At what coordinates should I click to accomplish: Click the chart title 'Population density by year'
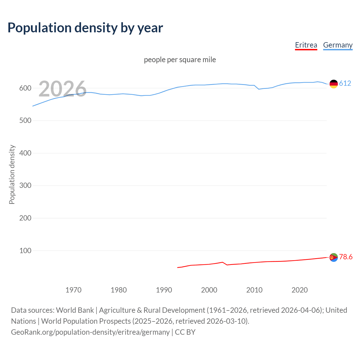[x=85, y=28]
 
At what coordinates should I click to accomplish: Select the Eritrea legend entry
[x=306, y=45]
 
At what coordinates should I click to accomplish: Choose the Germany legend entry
[x=337, y=45]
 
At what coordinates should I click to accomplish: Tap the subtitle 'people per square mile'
[x=180, y=60]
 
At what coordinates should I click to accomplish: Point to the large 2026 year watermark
[x=62, y=89]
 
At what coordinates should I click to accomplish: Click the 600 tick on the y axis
[x=25, y=88]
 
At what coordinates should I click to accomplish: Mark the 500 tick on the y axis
[x=25, y=121]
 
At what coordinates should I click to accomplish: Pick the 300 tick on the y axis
[x=25, y=186]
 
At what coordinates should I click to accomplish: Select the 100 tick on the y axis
[x=25, y=251]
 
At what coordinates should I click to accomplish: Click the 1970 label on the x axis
[x=73, y=290]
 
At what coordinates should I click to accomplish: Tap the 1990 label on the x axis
[x=164, y=290]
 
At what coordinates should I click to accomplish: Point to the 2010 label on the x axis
[x=254, y=290]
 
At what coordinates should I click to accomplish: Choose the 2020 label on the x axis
[x=300, y=290]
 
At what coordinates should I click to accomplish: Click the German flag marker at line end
[x=334, y=84]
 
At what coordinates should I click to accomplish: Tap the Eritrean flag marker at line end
[x=334, y=257]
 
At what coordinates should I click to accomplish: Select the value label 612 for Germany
[x=345, y=83]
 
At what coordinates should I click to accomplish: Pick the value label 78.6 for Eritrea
[x=346, y=257]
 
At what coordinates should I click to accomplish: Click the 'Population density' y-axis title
[x=12, y=174]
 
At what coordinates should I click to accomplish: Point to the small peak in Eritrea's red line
[x=222, y=262]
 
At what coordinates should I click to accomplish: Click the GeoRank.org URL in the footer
[x=90, y=332]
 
